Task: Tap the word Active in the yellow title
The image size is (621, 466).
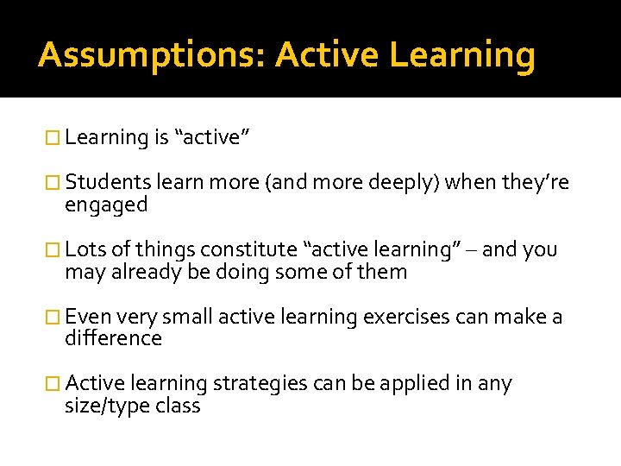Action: coord(327,55)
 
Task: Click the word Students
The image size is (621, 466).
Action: coord(109,183)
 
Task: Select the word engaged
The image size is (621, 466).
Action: coord(106,205)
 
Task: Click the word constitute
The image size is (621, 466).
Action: coord(251,250)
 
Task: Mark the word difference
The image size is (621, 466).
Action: coord(113,338)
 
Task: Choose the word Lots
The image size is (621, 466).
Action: coord(85,250)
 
